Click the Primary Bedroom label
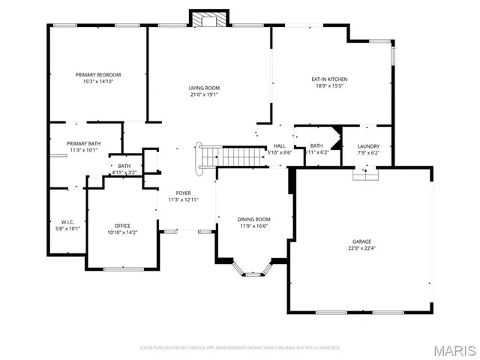tap(98, 75)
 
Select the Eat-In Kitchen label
tap(329, 79)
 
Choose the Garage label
tap(361, 241)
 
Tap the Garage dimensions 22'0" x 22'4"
tap(361, 248)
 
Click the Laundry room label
tap(368, 146)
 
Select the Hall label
tap(280, 146)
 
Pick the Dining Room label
tap(253, 219)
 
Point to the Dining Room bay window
tap(253, 270)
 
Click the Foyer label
tap(183, 193)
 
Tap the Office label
tap(122, 226)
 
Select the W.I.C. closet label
tap(67, 222)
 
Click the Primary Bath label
tap(83, 143)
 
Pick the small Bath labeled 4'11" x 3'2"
tap(124, 166)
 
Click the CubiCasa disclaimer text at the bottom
tap(240, 347)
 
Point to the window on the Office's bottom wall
tap(123, 268)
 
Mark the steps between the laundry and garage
tap(366, 175)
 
